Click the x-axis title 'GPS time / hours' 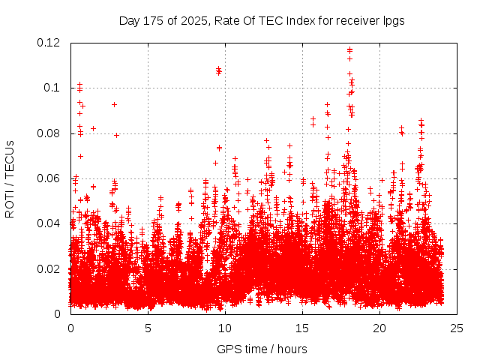click(262, 349)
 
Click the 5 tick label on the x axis click(148, 328)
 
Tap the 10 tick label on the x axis click(225, 328)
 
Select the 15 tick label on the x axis click(302, 328)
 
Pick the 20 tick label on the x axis click(379, 328)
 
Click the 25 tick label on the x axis click(457, 328)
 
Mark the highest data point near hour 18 click(349, 50)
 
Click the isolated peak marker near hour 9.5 click(218, 70)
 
